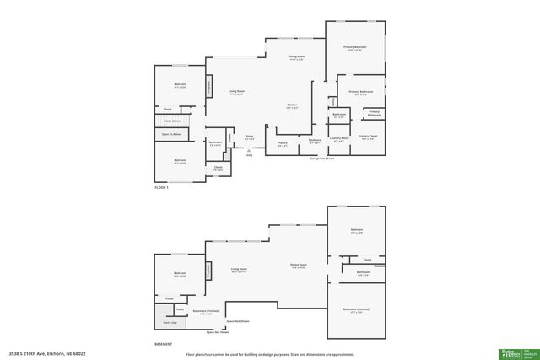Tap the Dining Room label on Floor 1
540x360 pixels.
coord(296,56)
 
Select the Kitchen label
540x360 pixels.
coord(292,105)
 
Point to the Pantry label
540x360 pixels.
coord(283,142)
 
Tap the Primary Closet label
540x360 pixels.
coord(367,136)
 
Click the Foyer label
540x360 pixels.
coord(250,136)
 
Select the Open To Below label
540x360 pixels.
coord(173,133)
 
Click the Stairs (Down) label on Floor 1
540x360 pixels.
coord(171,121)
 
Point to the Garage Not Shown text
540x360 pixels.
coord(319,158)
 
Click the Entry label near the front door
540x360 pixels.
coord(249,155)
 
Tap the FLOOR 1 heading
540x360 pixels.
coord(161,187)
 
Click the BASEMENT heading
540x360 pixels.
coord(163,344)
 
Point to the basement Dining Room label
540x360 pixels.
coord(298,265)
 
